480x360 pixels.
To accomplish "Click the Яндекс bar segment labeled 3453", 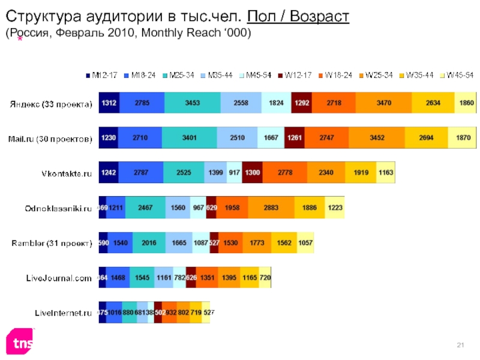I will pyautogui.click(x=192, y=103).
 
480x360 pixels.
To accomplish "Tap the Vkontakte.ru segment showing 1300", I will pyautogui.click(x=253, y=173).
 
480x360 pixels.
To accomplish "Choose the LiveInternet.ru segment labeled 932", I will pyautogui.click(x=170, y=312).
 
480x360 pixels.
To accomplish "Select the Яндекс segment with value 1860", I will pyautogui.click(x=466, y=103).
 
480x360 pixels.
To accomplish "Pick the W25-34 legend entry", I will pyautogui.click(x=379, y=75).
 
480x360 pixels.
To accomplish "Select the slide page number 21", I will pyautogui.click(x=461, y=344).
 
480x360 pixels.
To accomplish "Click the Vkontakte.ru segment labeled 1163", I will pyautogui.click(x=386, y=173).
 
